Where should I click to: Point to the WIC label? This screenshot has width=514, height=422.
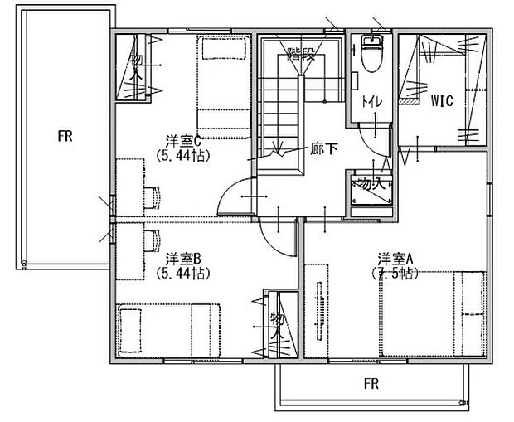441,103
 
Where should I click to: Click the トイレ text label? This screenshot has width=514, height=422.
371,102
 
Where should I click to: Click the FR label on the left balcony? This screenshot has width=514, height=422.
65,137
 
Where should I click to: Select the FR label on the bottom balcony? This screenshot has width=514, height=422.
371,385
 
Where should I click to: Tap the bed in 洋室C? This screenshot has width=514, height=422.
223,87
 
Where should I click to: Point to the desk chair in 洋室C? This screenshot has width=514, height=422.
152,196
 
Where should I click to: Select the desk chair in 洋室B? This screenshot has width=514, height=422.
152,240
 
